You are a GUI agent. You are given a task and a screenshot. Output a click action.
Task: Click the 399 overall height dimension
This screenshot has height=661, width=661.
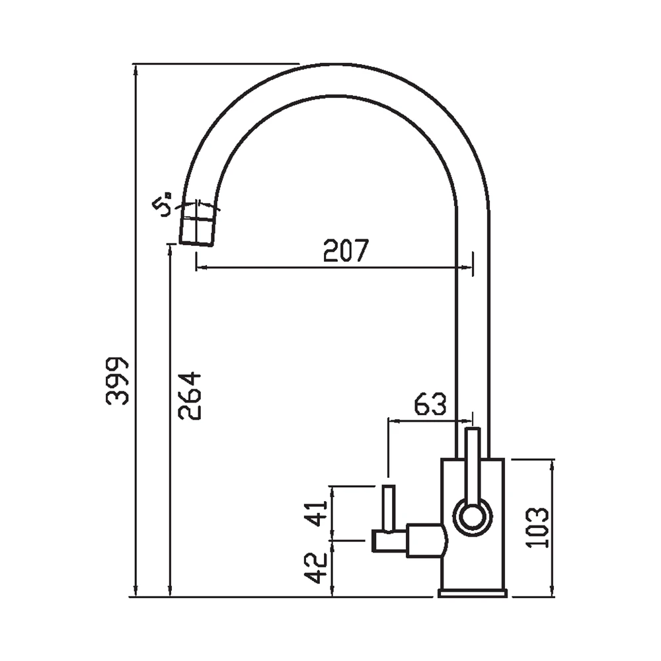pyautogui.click(x=117, y=381)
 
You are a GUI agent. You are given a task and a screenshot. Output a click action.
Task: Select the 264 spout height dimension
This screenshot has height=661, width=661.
pyautogui.click(x=190, y=395)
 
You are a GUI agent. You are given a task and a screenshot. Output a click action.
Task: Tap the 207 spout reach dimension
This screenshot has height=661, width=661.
pyautogui.click(x=346, y=251)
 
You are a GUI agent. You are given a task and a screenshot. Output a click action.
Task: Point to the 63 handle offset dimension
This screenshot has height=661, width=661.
pyautogui.click(x=430, y=404)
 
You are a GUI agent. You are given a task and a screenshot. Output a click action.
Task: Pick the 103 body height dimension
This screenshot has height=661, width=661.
pyautogui.click(x=537, y=527)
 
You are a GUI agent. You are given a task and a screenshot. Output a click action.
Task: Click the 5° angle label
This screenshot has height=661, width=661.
pyautogui.click(x=163, y=204)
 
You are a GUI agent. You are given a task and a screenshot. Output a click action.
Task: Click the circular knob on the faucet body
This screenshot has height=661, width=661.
pyautogui.click(x=473, y=517)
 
